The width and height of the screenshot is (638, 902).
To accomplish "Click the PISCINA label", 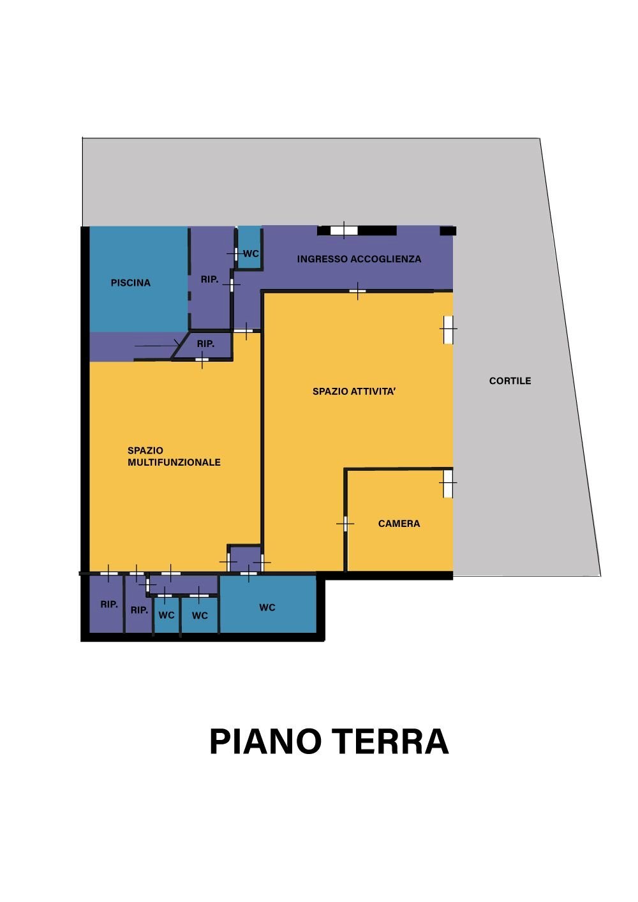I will [131, 283].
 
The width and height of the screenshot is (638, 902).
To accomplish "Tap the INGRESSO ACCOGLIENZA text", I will [359, 259].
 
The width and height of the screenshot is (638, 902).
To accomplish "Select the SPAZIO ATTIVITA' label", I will [354, 391].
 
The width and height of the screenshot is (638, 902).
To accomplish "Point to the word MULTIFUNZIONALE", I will [174, 462].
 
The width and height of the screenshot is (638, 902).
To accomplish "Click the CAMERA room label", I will [399, 524].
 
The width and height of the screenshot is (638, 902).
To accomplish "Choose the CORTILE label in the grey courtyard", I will [510, 381].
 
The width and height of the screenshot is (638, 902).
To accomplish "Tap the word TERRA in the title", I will [390, 741].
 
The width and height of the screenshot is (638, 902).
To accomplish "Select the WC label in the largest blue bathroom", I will [267, 607].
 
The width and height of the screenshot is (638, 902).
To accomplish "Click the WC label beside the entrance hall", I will [251, 254].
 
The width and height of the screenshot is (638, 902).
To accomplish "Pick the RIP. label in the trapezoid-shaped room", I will [205, 344].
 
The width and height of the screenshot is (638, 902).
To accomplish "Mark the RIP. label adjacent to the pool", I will [209, 279].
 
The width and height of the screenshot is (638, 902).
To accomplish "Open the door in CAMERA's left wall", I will [345, 524].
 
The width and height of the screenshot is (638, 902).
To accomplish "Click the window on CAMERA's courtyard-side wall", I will [449, 484].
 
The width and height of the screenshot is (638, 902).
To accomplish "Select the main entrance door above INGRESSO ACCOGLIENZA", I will [344, 230].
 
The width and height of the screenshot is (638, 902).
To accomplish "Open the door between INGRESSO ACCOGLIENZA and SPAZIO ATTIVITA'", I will [358, 292].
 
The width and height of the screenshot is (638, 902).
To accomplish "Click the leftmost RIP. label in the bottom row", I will [109, 604].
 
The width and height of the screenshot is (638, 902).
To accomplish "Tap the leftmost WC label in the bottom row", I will [167, 616].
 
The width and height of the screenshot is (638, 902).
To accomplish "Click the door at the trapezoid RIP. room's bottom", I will [202, 360].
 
